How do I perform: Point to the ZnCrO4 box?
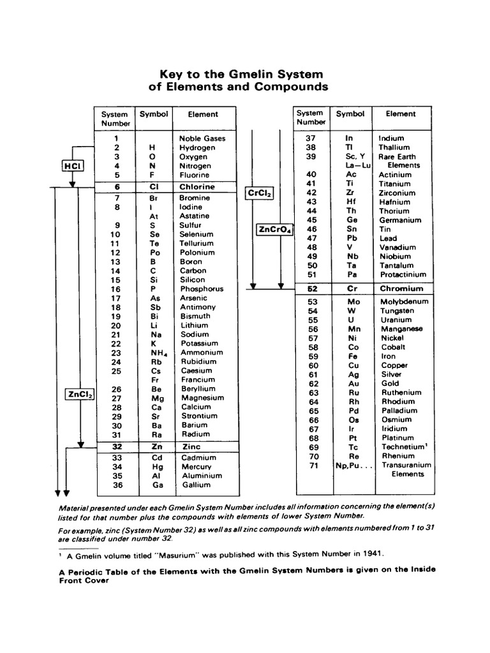click(x=274, y=230)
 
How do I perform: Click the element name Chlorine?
click(x=197, y=187)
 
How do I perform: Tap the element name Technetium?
click(x=402, y=447)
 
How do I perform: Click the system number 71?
click(x=312, y=465)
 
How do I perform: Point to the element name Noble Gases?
click(x=202, y=138)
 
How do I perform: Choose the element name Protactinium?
click(x=403, y=275)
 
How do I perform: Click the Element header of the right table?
click(x=401, y=114)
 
